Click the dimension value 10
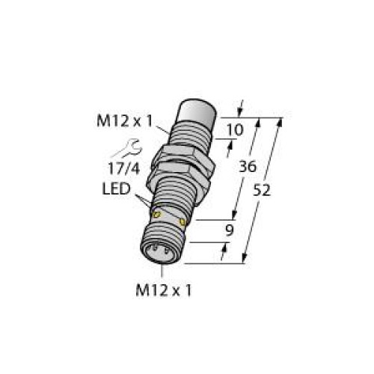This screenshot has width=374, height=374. (x=234, y=130)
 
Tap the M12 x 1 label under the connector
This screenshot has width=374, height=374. (x=165, y=289)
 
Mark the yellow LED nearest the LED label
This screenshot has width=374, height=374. (x=157, y=215)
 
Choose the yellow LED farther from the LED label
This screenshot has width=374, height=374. (x=183, y=222)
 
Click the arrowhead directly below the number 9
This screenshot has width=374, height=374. (x=224, y=252)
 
